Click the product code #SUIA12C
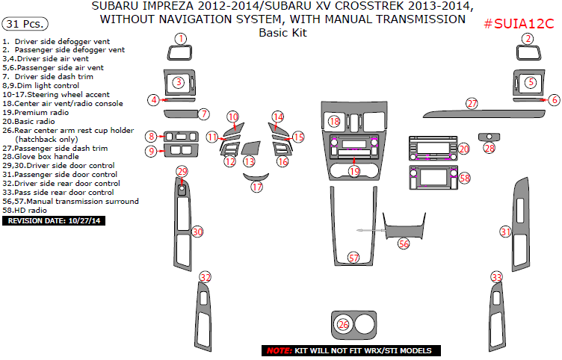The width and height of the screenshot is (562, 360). pos(519,23)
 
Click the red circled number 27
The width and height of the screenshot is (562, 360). pos(472,103)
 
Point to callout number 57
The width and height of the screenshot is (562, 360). pos(354,258)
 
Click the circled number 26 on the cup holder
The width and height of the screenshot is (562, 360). pos(343,324)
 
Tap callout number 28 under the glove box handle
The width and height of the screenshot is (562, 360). pos(490,149)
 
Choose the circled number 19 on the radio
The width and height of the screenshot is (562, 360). pos(354,171)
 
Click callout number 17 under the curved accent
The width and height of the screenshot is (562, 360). pos(257,187)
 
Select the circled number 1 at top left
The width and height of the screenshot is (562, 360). pos(179,38)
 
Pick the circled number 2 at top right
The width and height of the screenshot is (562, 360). pos(528,38)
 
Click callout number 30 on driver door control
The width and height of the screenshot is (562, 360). pos(197,232)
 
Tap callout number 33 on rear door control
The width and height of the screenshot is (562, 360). pos(497,277)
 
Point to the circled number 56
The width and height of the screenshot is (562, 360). pos(404,243)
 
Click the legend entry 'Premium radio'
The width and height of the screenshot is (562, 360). pos(35,111)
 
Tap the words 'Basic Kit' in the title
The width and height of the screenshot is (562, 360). pos(282,33)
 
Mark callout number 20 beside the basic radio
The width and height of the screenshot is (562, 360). pos(463,149)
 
